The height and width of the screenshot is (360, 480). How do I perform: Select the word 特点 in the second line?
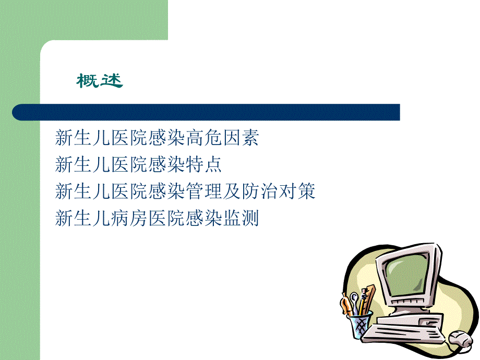tap(207, 165)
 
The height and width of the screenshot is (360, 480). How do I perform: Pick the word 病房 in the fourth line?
tap(128, 218)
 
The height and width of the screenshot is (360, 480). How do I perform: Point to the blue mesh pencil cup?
tap(359, 323)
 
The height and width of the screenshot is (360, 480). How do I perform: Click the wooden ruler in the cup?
tap(369, 297)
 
